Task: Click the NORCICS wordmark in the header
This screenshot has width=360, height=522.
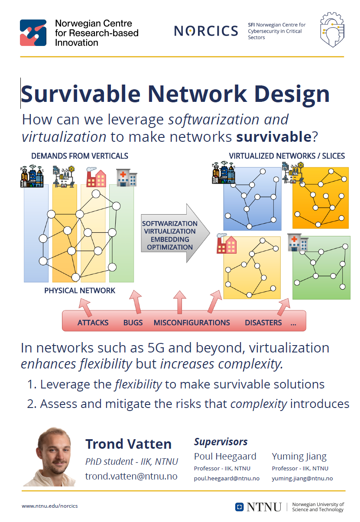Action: coord(206,31)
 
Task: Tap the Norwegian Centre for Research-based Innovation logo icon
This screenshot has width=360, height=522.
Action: coord(33,33)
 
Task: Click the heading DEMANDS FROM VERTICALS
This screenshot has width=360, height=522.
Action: coord(80,156)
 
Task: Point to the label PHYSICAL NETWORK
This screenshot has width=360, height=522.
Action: coord(80,290)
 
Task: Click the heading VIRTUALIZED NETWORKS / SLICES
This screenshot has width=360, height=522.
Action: coord(287,156)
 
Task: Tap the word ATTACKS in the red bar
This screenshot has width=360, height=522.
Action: coord(93,323)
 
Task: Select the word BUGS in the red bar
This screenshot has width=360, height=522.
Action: coord(133,323)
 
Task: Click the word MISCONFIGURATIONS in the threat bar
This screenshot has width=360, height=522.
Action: coord(191,323)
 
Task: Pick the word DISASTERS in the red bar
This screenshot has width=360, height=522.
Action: coord(263,323)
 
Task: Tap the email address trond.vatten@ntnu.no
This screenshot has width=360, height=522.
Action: coord(131,476)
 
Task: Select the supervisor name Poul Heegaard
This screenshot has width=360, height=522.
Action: coord(225,457)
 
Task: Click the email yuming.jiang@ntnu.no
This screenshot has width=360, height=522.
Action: coord(302,478)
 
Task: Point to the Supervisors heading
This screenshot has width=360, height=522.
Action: coord(221,442)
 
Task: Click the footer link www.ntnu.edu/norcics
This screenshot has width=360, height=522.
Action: coord(50,506)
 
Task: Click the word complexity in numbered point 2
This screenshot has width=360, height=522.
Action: coord(259,404)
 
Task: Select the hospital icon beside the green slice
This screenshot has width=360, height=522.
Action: coord(298,243)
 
